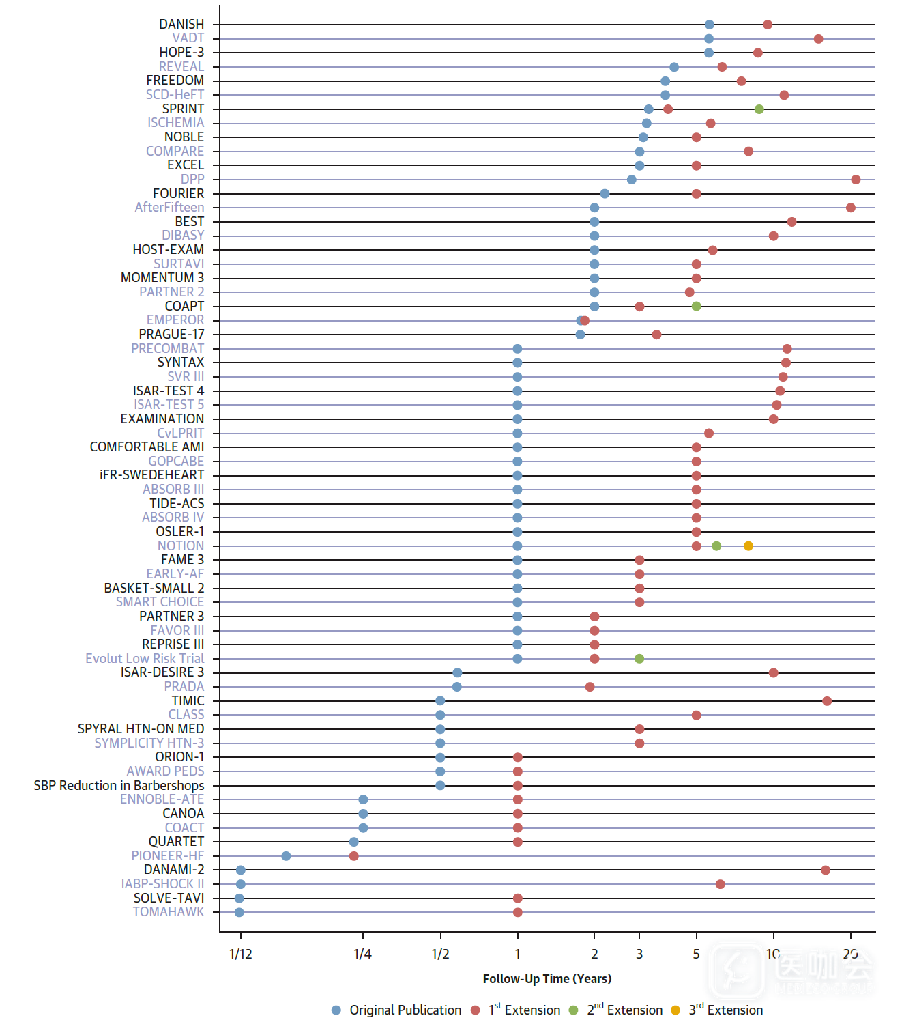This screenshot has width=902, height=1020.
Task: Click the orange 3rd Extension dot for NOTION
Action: [x=748, y=546]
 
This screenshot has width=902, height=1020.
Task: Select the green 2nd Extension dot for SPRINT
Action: [x=759, y=109]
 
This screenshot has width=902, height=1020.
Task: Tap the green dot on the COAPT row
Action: [x=696, y=306]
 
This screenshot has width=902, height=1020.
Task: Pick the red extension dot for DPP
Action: [x=856, y=180]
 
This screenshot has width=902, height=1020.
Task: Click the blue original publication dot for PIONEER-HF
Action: [x=286, y=855]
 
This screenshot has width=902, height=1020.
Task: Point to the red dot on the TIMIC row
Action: [x=827, y=701]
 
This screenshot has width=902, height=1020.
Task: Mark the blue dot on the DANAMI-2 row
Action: [x=240, y=870]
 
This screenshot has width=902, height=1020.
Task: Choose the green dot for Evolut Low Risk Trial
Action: [x=639, y=659]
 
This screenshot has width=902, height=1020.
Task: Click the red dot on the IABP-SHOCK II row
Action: [x=720, y=884]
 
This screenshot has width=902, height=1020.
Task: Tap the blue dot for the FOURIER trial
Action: [x=605, y=194]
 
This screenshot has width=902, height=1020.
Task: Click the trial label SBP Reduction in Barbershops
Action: [x=119, y=785]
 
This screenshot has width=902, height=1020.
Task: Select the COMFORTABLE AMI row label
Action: [x=147, y=447]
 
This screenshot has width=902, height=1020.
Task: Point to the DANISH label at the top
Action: [x=181, y=24]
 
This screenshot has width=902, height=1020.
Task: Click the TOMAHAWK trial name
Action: [x=169, y=911]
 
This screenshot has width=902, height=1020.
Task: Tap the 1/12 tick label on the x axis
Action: [x=240, y=954]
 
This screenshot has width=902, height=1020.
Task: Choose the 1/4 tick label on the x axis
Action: [x=362, y=954]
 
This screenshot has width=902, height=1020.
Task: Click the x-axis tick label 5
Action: [x=696, y=954]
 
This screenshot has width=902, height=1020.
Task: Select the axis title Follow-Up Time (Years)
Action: [x=547, y=978]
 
